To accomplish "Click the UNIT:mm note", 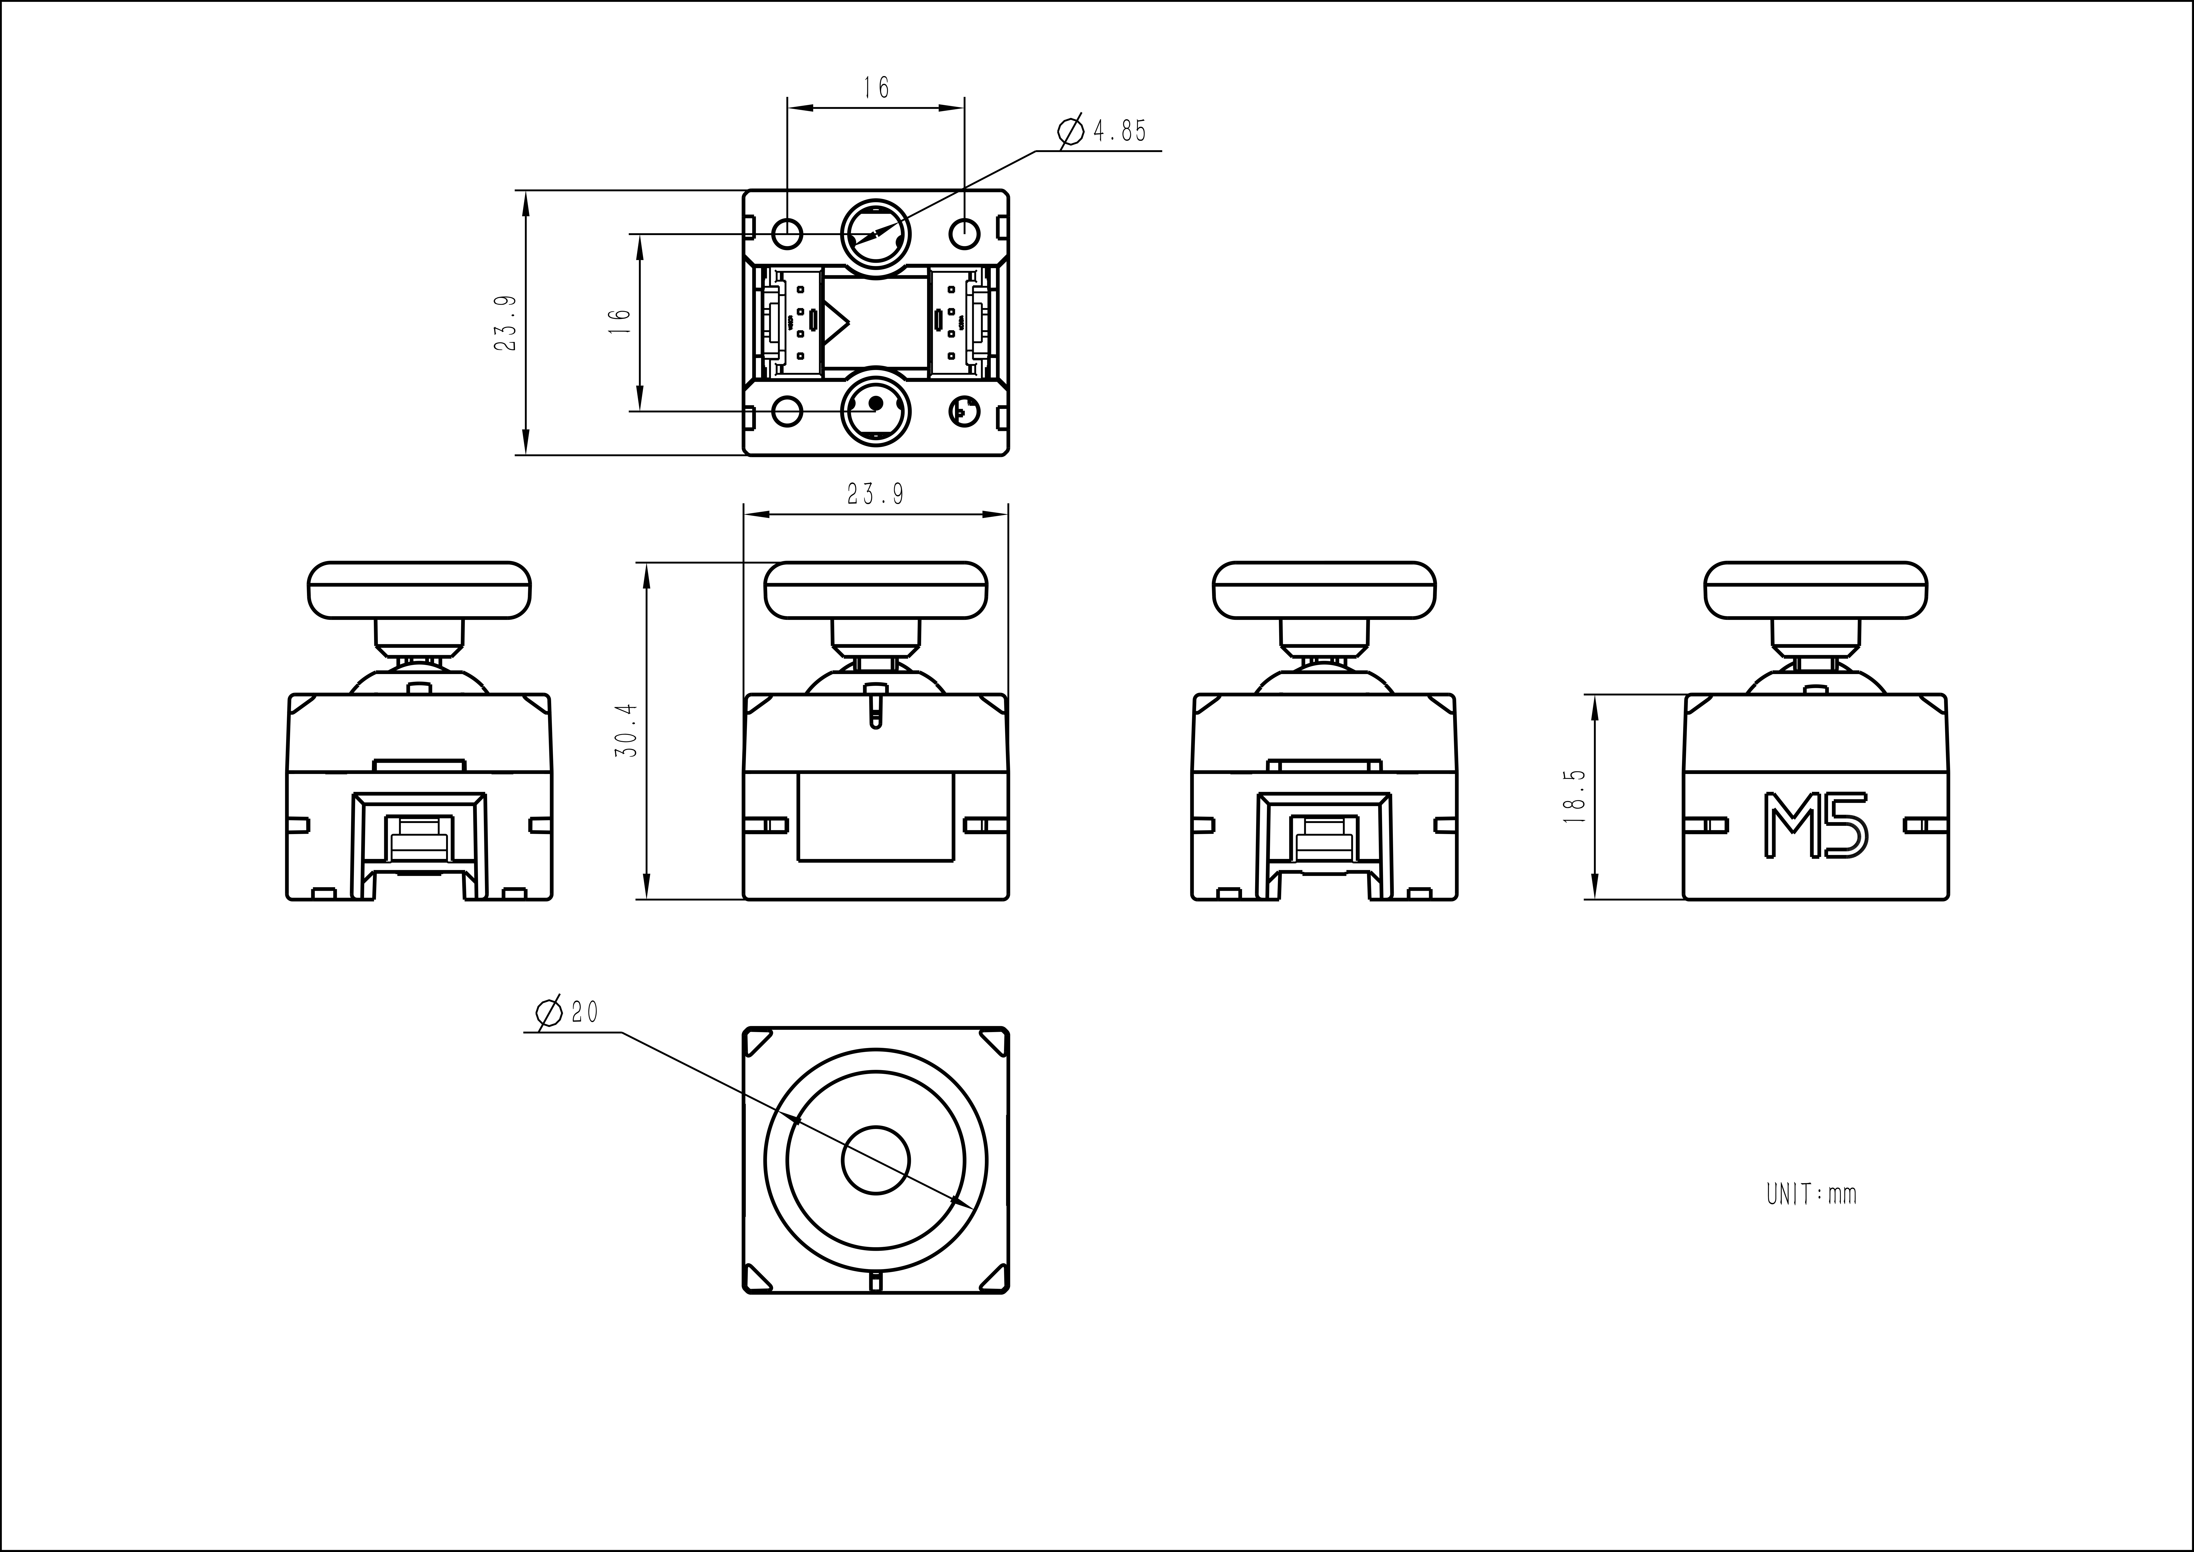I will pos(1811,1195).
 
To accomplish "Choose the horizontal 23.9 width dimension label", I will pos(875,494).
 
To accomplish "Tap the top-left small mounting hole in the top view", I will pos(787,233).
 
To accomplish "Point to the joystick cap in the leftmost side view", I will pos(419,590).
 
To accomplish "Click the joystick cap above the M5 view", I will pos(1816,590).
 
